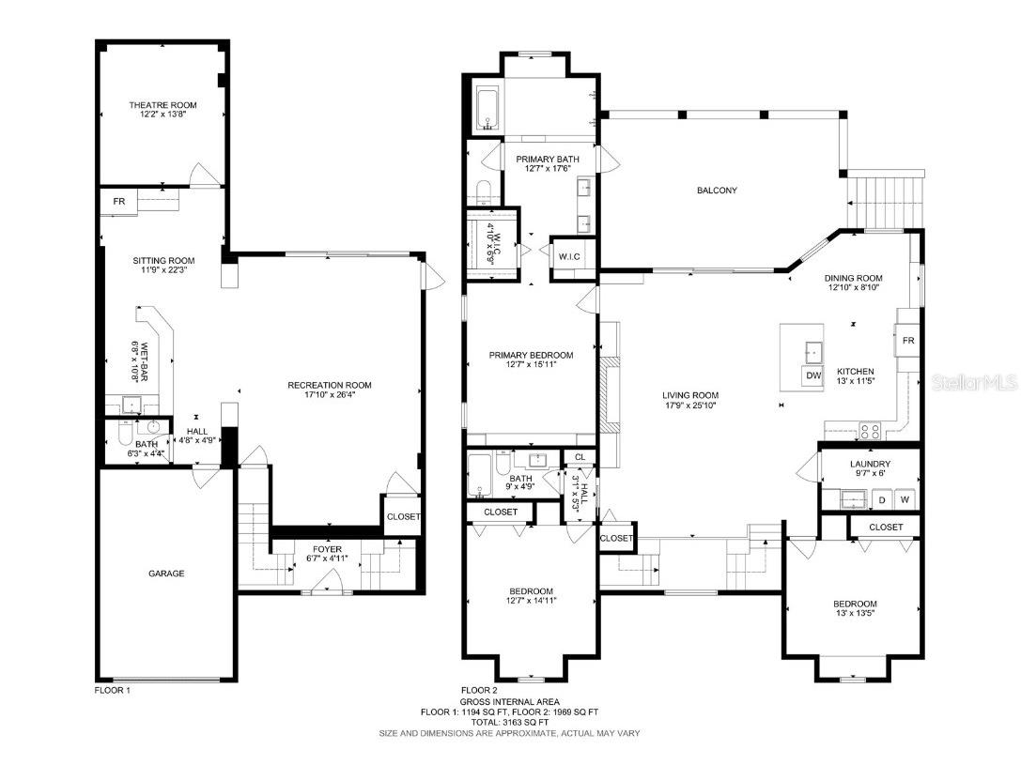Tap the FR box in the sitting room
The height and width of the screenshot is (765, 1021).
tap(119, 202)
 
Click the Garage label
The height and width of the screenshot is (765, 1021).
tap(165, 573)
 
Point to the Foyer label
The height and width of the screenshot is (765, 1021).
tap(327, 549)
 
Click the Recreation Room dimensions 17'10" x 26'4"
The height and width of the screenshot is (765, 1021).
tap(329, 395)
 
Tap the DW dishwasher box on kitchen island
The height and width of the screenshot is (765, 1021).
tap(812, 375)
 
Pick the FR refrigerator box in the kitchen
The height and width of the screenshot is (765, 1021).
tap(907, 340)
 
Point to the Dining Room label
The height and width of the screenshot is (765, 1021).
tap(853, 278)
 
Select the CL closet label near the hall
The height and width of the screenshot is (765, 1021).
tap(580, 457)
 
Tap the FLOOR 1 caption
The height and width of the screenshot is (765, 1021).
tap(113, 690)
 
